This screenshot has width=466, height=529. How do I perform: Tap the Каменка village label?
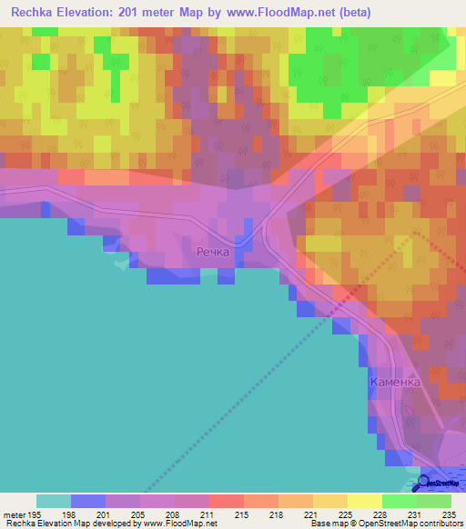396,383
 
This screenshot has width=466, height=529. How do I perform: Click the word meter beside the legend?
12,514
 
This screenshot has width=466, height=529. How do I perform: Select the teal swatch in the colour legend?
53,501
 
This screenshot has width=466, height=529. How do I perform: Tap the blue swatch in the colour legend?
87,501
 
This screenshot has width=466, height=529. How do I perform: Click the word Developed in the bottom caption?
108,524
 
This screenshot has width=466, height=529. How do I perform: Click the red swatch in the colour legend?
226,501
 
